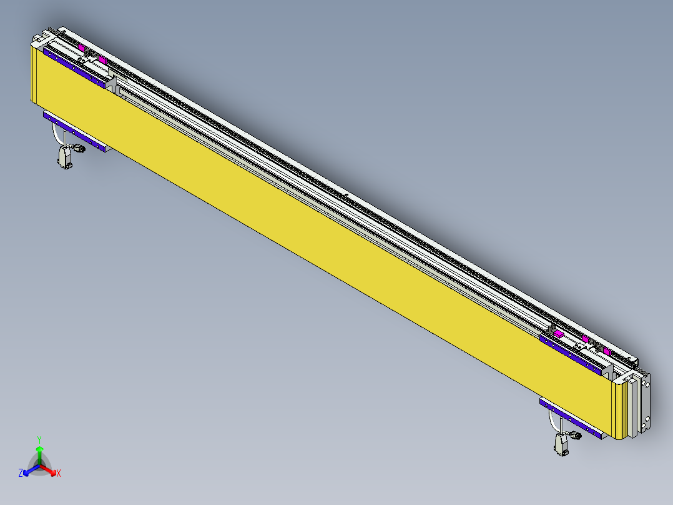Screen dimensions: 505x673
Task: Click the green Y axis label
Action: pos(39,439)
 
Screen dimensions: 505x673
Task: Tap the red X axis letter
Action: pos(59,474)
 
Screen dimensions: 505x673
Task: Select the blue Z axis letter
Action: pos(21,473)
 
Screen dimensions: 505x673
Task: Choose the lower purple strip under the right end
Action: pos(571,416)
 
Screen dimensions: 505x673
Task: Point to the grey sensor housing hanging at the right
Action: pos(561,444)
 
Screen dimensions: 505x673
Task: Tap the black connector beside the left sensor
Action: pos(79,149)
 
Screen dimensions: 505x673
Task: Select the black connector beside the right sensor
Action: pos(576,436)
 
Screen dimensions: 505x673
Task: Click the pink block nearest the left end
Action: pos(82,47)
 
